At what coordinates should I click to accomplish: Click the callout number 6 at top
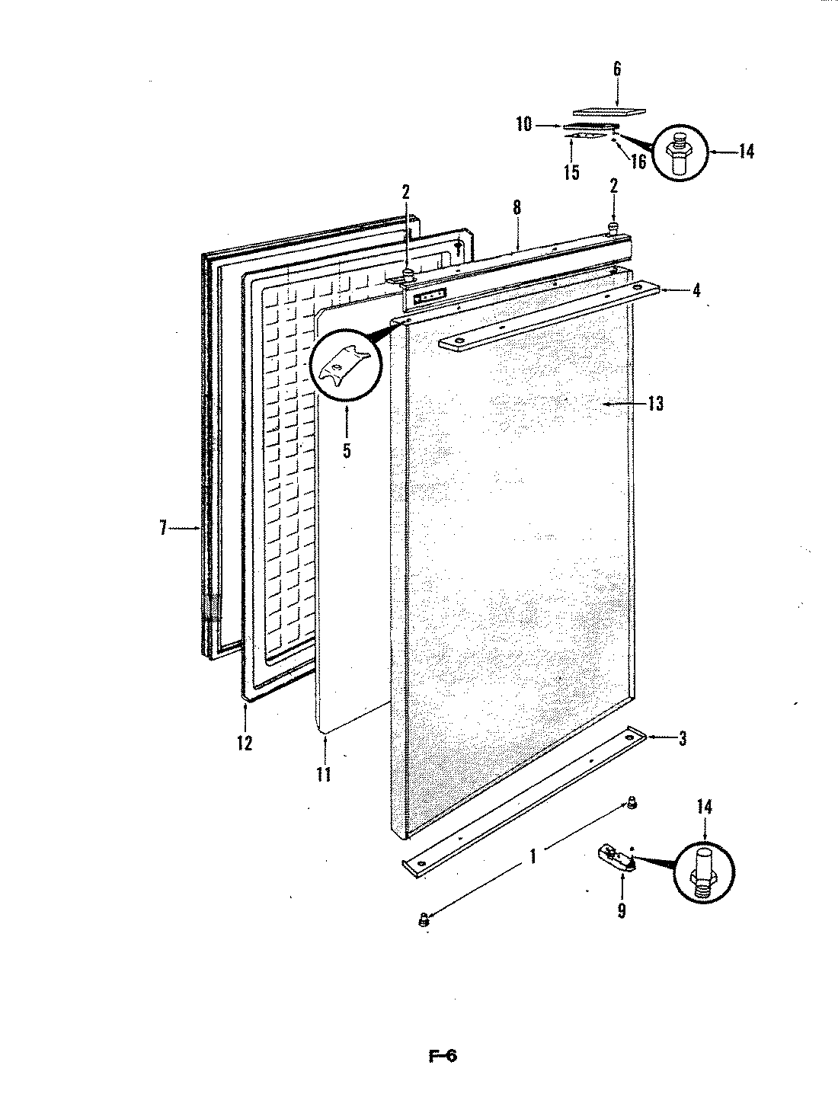click(616, 69)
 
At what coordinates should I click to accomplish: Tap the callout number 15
click(571, 172)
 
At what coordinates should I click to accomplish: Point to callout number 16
click(638, 161)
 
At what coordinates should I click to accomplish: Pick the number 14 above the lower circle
click(705, 808)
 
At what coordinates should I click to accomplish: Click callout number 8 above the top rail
click(517, 206)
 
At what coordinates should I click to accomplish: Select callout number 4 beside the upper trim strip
click(697, 290)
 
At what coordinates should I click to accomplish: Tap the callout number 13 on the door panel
click(654, 404)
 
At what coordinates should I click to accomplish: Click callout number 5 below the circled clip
click(347, 449)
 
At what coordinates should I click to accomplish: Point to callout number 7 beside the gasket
click(163, 528)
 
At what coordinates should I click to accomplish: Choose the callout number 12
click(244, 743)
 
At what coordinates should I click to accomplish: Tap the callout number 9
click(622, 910)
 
